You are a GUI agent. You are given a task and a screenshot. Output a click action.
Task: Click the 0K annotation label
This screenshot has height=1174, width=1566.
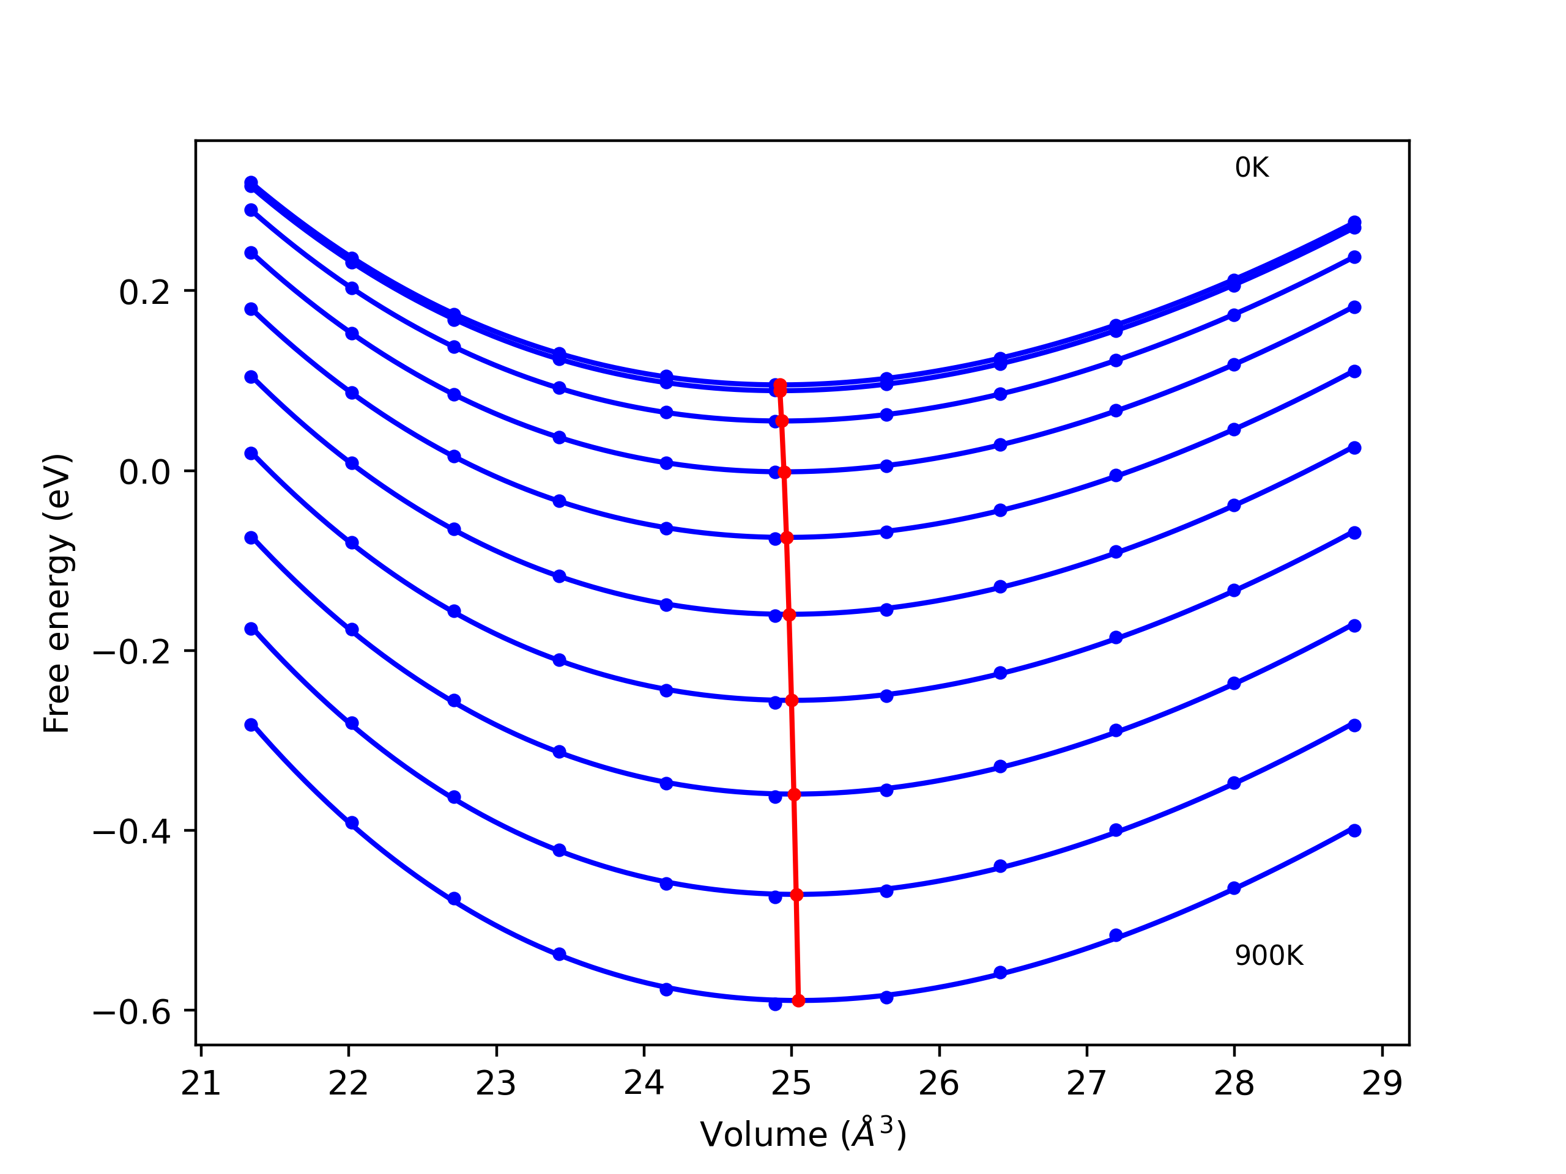point(1252,168)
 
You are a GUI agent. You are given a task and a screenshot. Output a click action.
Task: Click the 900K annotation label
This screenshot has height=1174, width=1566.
point(1269,956)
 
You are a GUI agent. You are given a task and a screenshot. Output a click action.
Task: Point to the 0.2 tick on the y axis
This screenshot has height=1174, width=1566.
point(145,292)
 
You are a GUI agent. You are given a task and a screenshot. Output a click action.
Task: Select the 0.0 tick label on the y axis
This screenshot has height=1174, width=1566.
point(145,472)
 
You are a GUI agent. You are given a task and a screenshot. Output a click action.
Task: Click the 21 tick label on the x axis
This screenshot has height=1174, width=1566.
point(201,1084)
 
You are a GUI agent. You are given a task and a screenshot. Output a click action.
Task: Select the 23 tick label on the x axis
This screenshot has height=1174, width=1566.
point(496,1084)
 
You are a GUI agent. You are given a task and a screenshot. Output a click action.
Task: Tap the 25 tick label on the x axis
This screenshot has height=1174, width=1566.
point(792,1084)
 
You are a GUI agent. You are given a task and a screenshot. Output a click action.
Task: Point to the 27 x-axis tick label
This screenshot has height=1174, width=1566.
point(1086,1084)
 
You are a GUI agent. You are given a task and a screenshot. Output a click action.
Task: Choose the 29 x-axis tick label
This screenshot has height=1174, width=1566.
point(1382,1084)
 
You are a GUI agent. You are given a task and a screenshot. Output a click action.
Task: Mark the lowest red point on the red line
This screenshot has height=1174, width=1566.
point(798,1000)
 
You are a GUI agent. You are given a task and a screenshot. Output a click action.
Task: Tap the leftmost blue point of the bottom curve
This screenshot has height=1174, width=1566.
point(251,725)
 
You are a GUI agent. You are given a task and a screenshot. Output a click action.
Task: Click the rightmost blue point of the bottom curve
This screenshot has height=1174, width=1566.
point(1354,831)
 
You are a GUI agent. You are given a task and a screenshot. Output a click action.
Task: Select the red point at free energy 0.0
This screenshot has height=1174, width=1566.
point(784,472)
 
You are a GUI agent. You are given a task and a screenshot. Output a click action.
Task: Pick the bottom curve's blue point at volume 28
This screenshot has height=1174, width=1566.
point(1234,888)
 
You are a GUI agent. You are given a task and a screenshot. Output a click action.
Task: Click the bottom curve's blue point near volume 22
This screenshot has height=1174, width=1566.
point(352,823)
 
